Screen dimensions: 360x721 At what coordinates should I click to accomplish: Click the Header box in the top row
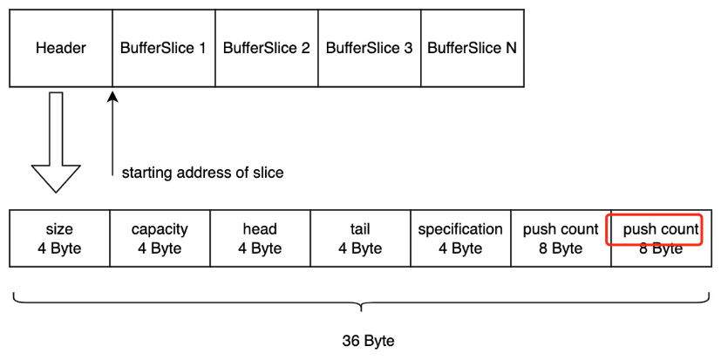click(x=61, y=48)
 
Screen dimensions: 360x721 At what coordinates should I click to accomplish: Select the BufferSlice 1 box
click(x=163, y=48)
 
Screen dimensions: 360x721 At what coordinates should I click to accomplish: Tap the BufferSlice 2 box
click(x=266, y=48)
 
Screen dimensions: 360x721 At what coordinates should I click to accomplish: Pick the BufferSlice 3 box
click(x=369, y=48)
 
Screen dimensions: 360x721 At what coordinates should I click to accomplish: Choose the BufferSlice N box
click(x=472, y=48)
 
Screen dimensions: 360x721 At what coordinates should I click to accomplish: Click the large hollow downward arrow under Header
click(x=56, y=144)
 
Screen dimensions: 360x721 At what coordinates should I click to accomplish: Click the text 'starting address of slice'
click(x=202, y=173)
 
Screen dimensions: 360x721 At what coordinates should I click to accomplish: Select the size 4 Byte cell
click(x=59, y=239)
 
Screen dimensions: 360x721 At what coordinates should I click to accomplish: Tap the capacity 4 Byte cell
click(x=160, y=239)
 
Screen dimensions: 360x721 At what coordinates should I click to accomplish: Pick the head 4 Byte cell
click(x=260, y=239)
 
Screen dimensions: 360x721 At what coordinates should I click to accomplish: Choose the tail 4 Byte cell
click(x=360, y=239)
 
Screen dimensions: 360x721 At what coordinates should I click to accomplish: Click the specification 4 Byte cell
click(x=460, y=239)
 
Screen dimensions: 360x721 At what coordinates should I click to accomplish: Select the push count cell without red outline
click(x=561, y=239)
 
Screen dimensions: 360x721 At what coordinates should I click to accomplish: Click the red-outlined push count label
click(x=660, y=230)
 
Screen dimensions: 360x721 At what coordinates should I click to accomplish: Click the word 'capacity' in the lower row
click(x=160, y=230)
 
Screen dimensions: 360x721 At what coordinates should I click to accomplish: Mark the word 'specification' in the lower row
click(x=460, y=230)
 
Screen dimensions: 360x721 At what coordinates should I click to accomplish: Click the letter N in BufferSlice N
click(x=511, y=48)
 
